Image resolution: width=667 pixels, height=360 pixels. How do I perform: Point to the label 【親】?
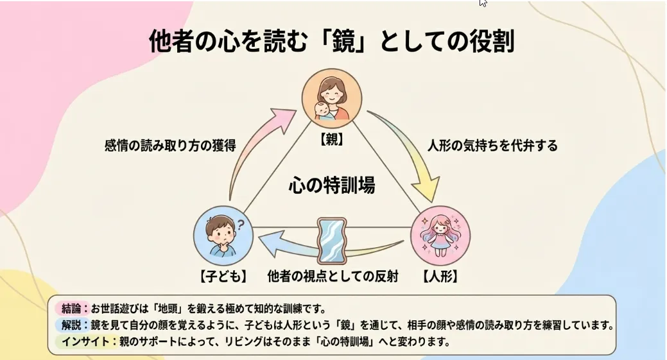click(x=333, y=140)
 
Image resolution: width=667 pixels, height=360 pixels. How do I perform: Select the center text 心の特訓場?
click(x=332, y=186)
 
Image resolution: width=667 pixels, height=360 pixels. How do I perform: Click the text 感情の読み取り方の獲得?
click(x=170, y=146)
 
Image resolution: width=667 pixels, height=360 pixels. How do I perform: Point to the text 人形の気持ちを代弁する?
click(x=492, y=146)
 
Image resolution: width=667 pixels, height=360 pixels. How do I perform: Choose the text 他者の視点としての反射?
click(x=333, y=277)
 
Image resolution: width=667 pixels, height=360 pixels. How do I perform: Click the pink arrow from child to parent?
click(x=257, y=148)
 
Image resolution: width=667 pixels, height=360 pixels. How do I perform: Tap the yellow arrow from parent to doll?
click(x=411, y=151)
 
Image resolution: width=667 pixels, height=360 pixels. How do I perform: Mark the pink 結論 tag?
click(x=72, y=309)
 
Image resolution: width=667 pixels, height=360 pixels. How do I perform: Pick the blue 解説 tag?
click(x=72, y=325)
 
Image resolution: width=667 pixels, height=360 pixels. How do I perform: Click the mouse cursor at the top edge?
click(x=483, y=3)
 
